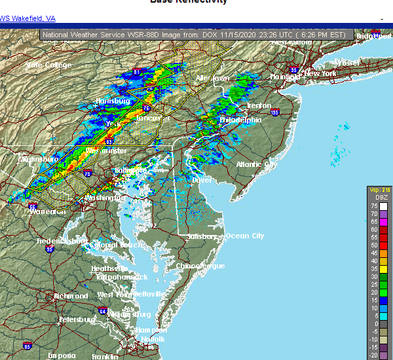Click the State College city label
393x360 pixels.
[x=47, y=65]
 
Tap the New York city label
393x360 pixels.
[x=321, y=74]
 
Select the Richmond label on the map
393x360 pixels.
[x=71, y=296]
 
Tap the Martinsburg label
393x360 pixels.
[x=39, y=159]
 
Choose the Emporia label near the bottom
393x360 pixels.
[x=61, y=355]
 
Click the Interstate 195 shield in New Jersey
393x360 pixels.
[x=274, y=113]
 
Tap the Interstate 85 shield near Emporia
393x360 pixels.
[x=27, y=345]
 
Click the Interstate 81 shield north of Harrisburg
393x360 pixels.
[x=137, y=72]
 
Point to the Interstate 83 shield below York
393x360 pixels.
[x=108, y=141]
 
